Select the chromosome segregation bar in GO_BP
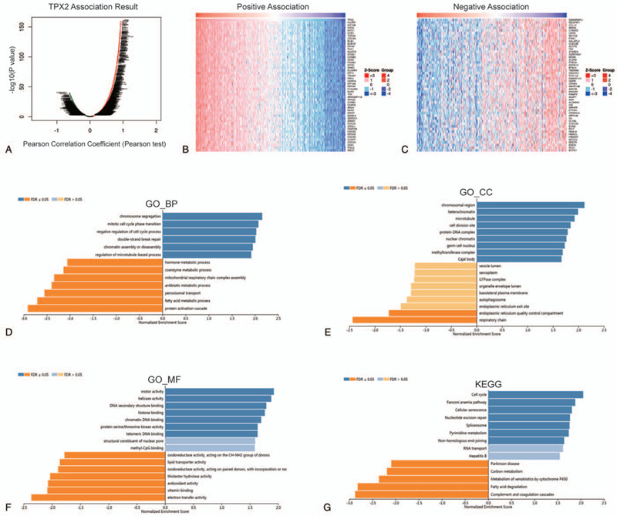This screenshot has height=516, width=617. tap(212, 216)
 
